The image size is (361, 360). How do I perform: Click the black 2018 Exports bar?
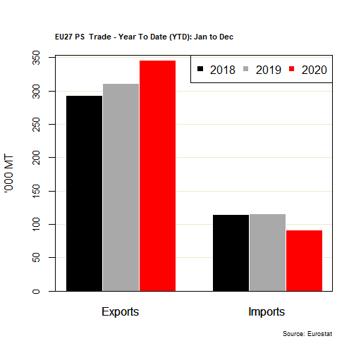(x=84, y=193)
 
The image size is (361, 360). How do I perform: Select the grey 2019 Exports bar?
(x=121, y=187)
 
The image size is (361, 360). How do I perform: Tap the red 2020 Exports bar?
(x=157, y=175)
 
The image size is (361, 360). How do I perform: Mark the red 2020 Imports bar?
(x=304, y=261)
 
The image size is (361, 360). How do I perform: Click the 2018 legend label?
(x=221, y=70)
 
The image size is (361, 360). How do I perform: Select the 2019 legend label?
(x=267, y=70)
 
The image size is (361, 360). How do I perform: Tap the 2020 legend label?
(x=314, y=70)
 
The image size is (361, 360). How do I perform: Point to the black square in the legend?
(x=200, y=70)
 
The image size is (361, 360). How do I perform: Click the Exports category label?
(x=121, y=311)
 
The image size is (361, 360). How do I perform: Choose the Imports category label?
(x=267, y=311)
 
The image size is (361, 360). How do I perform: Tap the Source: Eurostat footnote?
(x=307, y=333)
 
